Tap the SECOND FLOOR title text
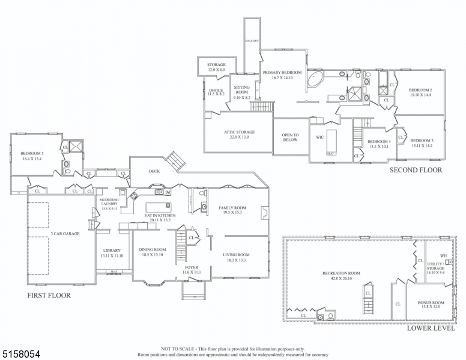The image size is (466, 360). click(x=416, y=170)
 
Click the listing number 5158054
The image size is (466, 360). click(x=21, y=355)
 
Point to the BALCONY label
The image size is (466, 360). click(x=252, y=41)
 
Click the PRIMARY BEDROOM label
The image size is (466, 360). click(x=282, y=72)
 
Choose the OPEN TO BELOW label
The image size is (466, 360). click(x=291, y=137)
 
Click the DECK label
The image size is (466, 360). click(x=154, y=171)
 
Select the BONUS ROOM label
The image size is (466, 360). click(x=431, y=302)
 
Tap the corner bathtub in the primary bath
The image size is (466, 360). click(x=316, y=81)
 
